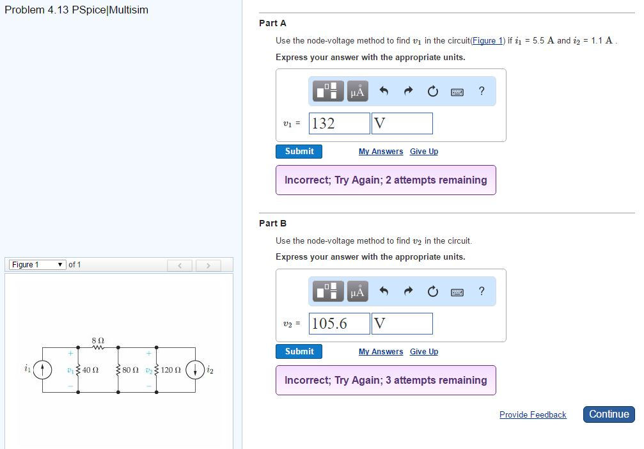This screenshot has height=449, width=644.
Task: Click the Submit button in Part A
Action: tap(299, 152)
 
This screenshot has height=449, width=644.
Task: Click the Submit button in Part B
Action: tap(299, 352)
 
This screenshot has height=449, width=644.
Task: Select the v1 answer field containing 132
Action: tap(339, 123)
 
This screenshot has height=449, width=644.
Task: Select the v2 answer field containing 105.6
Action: tap(339, 324)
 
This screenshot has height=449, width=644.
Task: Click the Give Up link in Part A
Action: tap(424, 152)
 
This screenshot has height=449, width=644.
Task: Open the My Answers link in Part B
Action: tap(381, 352)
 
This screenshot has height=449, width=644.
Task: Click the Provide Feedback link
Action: tap(533, 415)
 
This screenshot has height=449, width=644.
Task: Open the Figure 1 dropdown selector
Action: tap(36, 265)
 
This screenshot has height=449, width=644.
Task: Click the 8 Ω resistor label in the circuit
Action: tap(98, 340)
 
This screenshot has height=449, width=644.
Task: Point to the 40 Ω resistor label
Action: tap(90, 370)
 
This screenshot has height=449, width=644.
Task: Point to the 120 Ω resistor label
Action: tap(171, 370)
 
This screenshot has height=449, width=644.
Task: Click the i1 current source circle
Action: tap(43, 370)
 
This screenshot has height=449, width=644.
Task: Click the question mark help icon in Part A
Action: tap(482, 91)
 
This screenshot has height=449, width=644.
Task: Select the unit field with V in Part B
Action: tap(402, 324)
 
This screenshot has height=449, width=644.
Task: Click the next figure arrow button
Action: tap(208, 265)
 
